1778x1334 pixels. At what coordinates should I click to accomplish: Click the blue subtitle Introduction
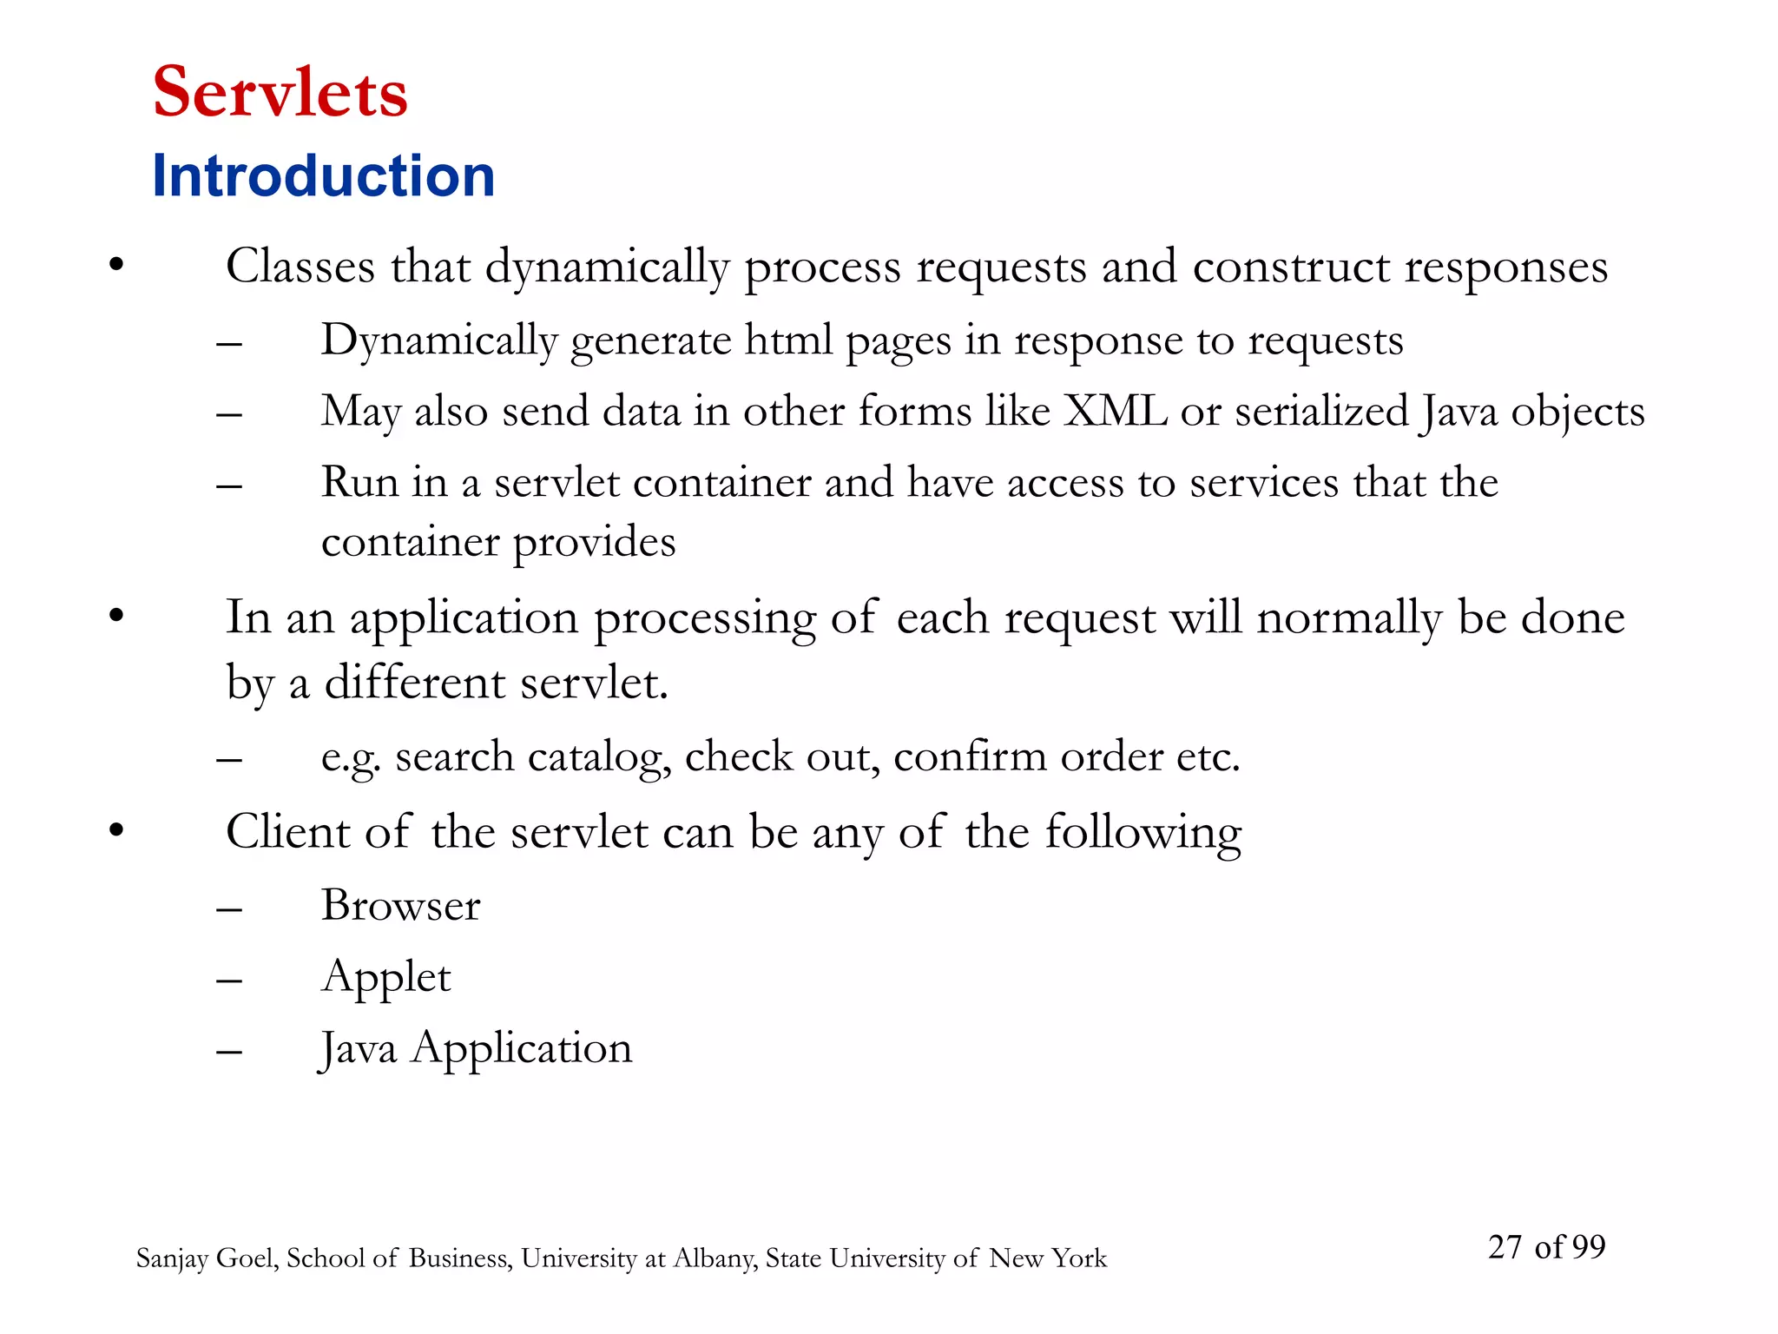click(323, 176)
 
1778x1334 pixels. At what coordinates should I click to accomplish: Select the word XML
click(1116, 411)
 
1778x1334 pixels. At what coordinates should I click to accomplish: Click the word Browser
click(400, 906)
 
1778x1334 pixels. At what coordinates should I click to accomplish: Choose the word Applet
click(385, 978)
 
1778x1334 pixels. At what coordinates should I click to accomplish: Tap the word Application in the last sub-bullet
click(522, 1049)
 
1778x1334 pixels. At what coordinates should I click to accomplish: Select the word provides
click(594, 543)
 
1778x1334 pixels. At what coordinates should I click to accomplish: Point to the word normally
click(1349, 618)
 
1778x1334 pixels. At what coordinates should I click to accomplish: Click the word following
click(1143, 832)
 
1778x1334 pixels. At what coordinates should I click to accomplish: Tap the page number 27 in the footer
click(1505, 1247)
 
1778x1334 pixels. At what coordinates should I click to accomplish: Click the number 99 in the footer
click(1588, 1247)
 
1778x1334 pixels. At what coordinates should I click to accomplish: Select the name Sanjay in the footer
click(171, 1258)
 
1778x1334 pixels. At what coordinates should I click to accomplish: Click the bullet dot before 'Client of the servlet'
click(116, 830)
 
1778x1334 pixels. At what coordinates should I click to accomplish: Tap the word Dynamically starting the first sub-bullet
click(438, 341)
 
